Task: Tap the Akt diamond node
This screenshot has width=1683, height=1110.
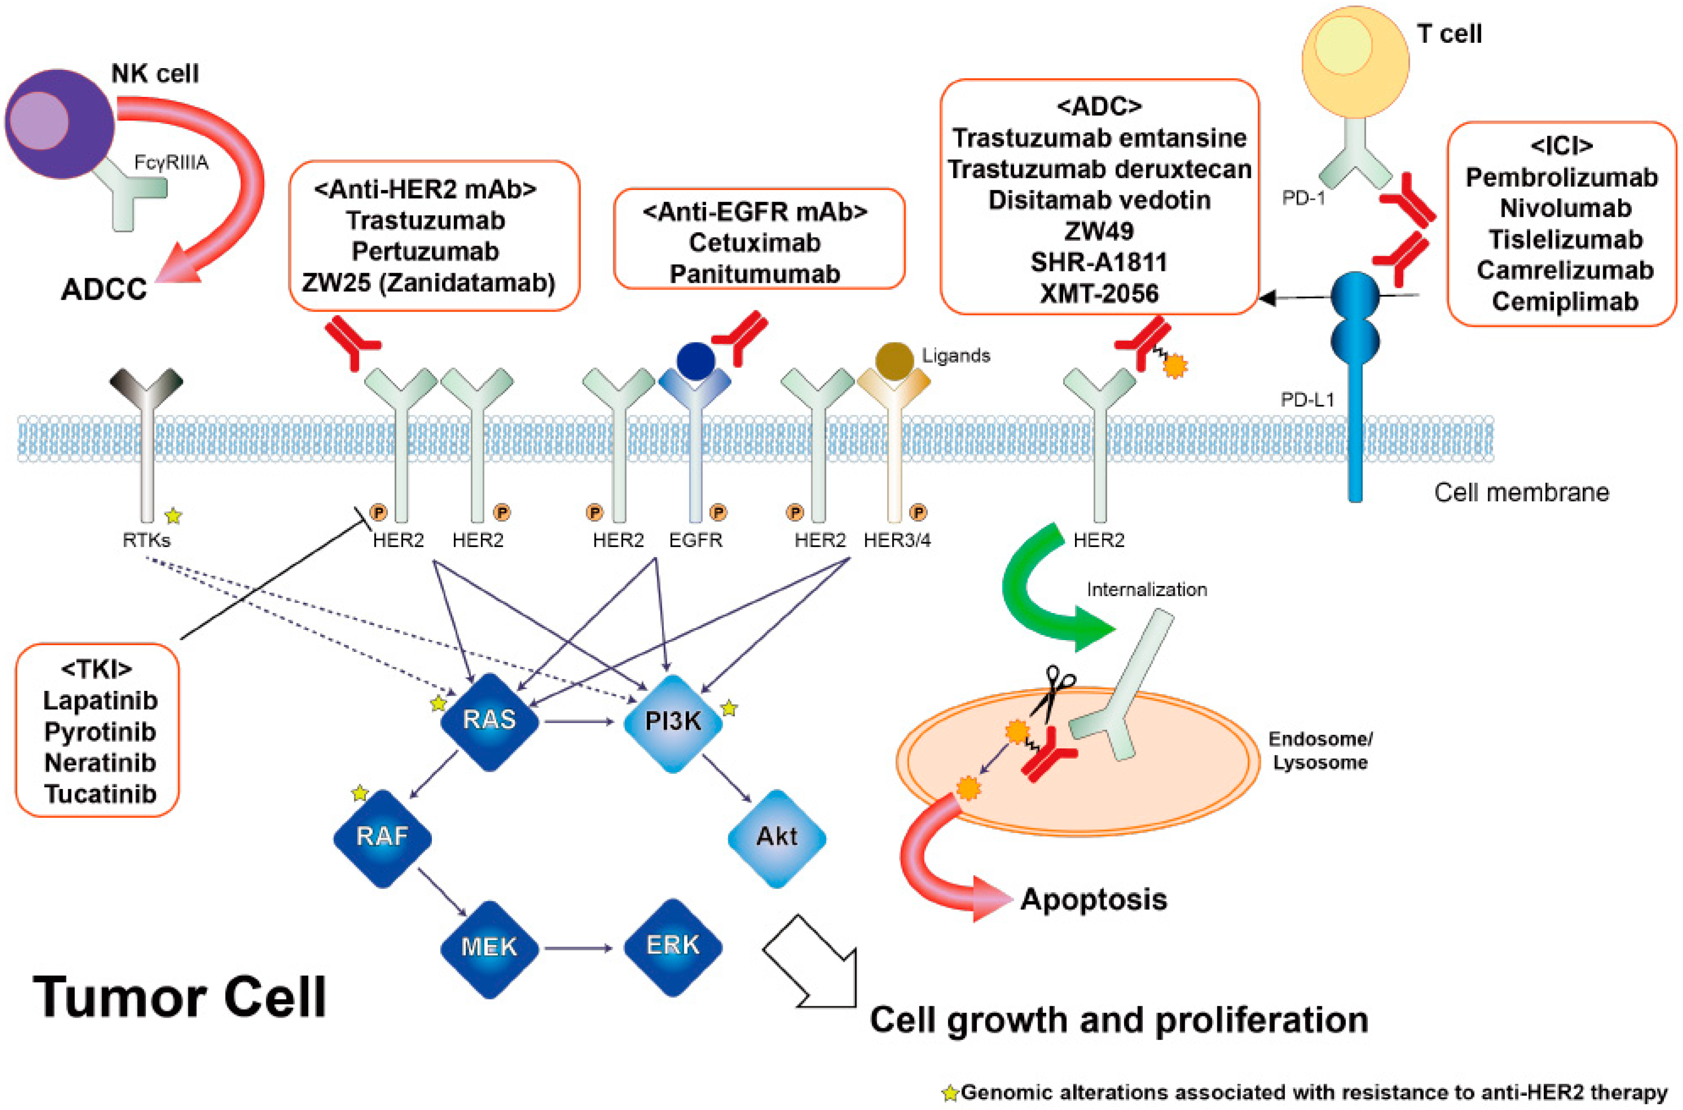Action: pyautogui.click(x=777, y=837)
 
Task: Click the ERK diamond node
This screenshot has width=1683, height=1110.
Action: pyautogui.click(x=673, y=946)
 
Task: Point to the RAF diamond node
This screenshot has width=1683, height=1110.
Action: pyautogui.click(x=382, y=837)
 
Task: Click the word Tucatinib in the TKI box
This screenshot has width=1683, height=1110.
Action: pyautogui.click(x=100, y=794)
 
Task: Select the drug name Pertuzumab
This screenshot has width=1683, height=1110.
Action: pyautogui.click(x=426, y=251)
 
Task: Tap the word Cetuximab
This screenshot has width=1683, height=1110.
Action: pyautogui.click(x=755, y=243)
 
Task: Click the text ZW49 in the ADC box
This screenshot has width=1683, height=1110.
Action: pyautogui.click(x=1099, y=231)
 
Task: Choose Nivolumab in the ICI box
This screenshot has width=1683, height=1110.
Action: pyautogui.click(x=1565, y=208)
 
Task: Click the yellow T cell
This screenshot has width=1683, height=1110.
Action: pyautogui.click(x=1354, y=60)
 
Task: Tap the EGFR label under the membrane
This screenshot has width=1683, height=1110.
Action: pyautogui.click(x=695, y=540)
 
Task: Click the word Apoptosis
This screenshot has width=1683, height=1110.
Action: pyautogui.click(x=1093, y=900)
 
